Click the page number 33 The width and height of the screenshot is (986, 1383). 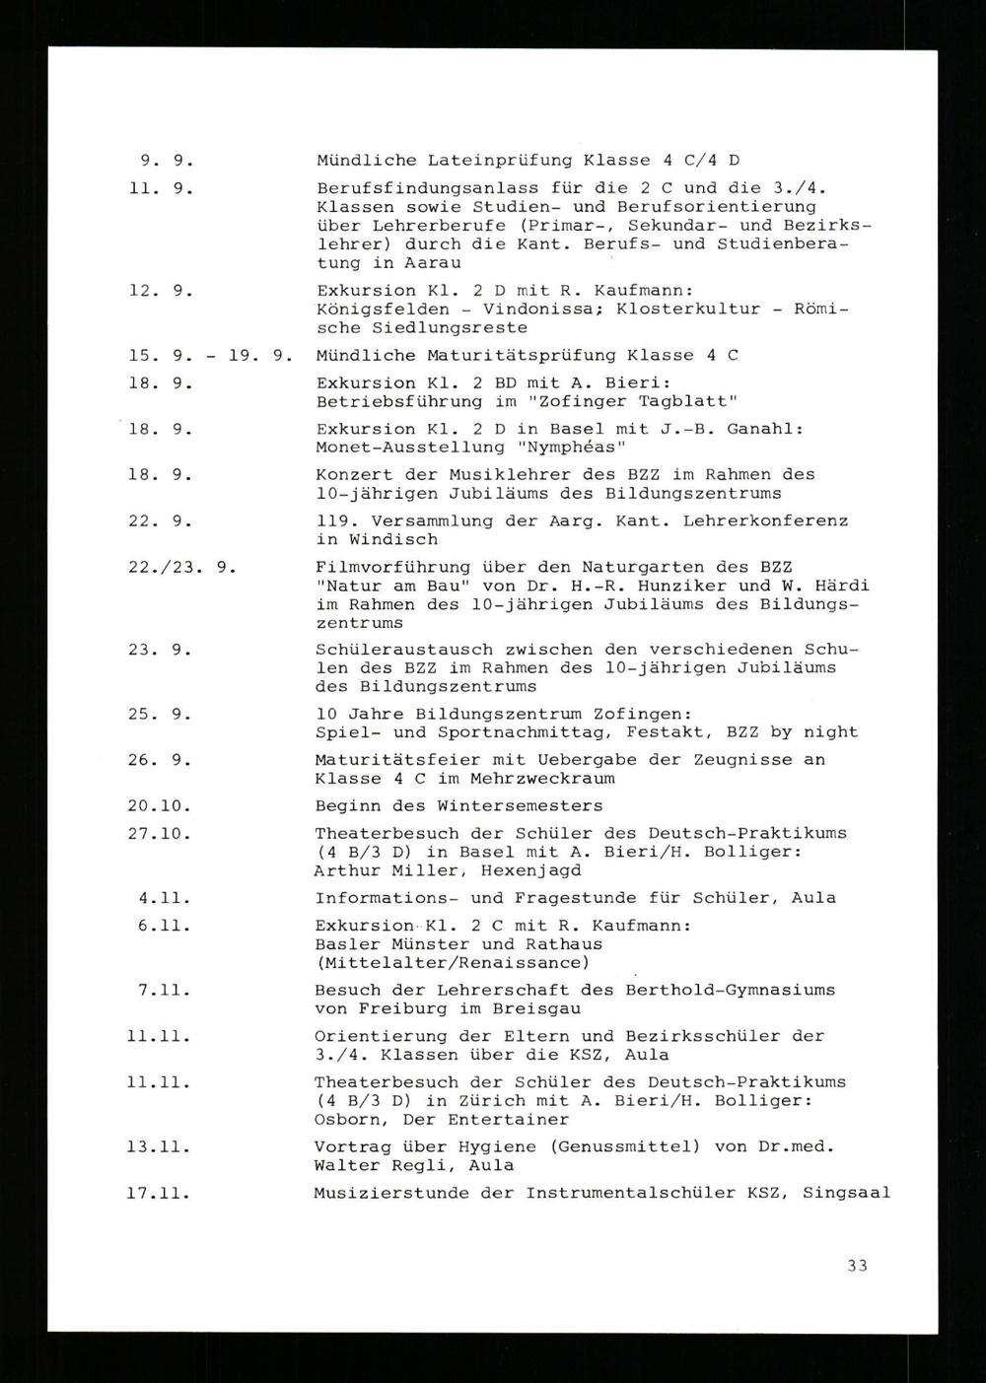pyautogui.click(x=857, y=1265)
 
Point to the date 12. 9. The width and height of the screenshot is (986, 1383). pyautogui.click(x=160, y=291)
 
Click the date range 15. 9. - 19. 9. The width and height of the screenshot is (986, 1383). pyautogui.click(x=211, y=355)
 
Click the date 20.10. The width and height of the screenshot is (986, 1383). pyautogui.click(x=159, y=805)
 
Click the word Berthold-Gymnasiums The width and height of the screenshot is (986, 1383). pyautogui.click(x=730, y=990)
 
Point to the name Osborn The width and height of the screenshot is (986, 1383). pyautogui.click(x=345, y=1120)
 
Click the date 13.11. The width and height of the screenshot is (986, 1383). pyautogui.click(x=159, y=1147)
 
